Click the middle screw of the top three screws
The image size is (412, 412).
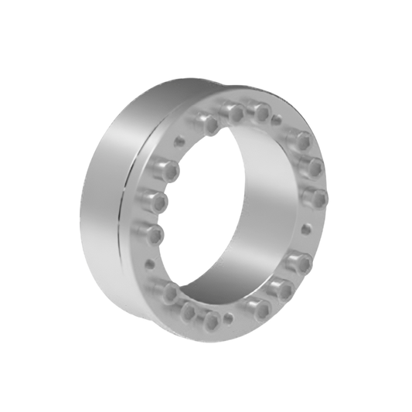coord(233,114)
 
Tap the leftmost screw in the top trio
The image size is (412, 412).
coord(207,124)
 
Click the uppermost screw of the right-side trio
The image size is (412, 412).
coord(301,140)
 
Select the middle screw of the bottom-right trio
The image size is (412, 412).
coord(282,288)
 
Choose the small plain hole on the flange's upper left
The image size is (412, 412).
coord(179,140)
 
